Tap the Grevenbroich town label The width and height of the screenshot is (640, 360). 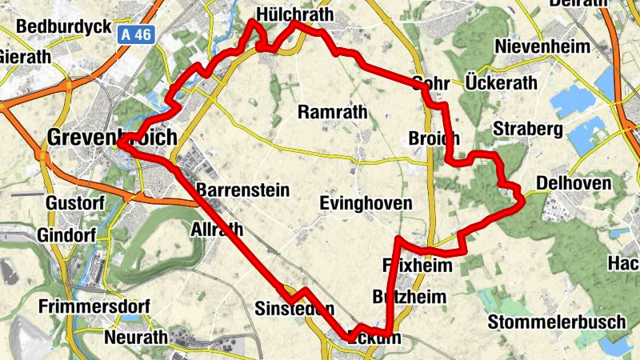pos(112,137)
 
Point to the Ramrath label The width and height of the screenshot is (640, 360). pos(332,112)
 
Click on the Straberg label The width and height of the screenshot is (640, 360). pos(529,129)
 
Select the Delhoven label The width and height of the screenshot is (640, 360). pos(574,184)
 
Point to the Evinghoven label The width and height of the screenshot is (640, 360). pos(366,203)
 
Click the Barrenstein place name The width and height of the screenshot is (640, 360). pos(242,190)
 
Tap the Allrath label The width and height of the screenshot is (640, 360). pos(217,230)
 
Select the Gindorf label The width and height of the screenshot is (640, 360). pos(66,236)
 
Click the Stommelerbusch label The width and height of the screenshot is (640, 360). pos(557,322)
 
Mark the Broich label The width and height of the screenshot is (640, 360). pos(433,138)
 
